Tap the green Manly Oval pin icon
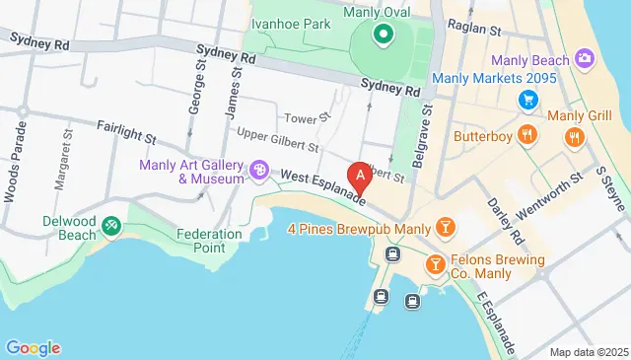tap(383, 36)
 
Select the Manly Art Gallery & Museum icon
tap(260, 172)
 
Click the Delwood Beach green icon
tap(111, 227)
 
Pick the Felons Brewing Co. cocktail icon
tap(435, 265)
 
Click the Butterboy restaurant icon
tap(529, 135)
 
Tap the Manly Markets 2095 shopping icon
tap(528, 100)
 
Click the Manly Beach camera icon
tap(584, 59)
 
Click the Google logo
tap(33, 347)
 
